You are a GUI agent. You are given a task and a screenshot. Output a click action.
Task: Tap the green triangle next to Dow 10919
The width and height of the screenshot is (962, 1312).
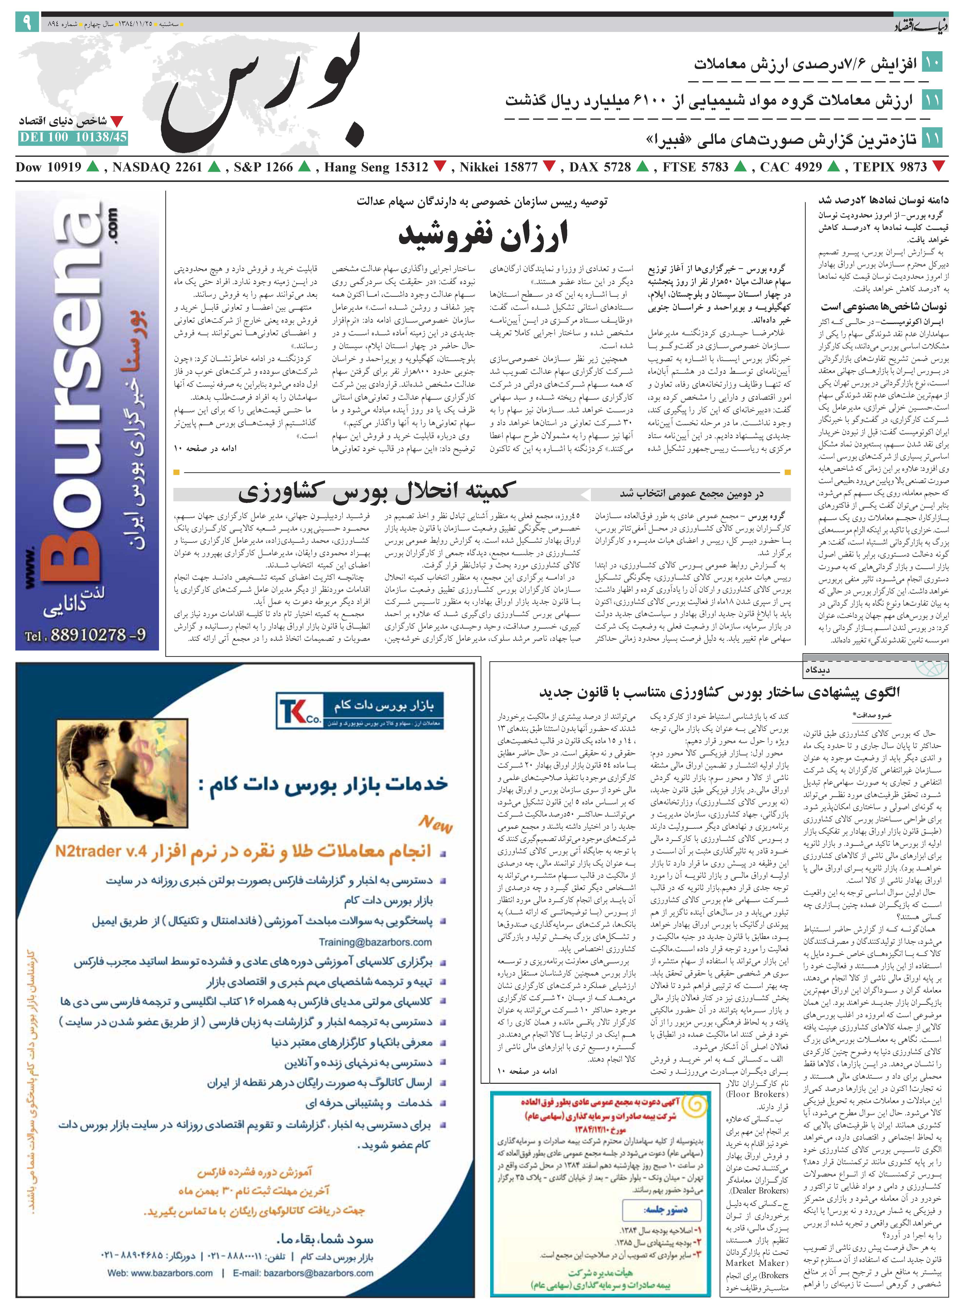(x=92, y=167)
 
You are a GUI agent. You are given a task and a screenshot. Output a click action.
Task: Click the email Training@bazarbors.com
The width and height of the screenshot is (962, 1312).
(x=376, y=942)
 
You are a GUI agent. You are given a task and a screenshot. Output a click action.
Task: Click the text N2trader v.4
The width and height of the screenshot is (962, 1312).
(x=100, y=852)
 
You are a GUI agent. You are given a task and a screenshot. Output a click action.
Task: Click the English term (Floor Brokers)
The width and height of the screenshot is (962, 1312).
(x=757, y=1094)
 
